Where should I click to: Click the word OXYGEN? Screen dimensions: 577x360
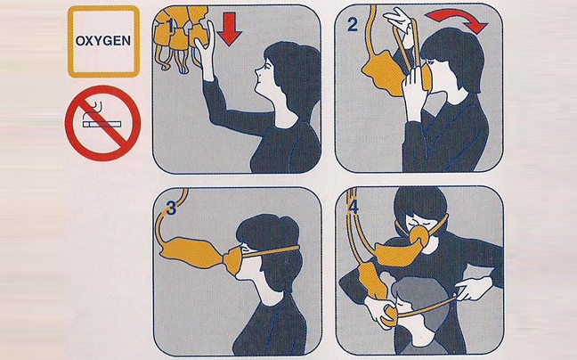click(x=103, y=40)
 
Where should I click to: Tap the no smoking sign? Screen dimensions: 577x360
click(x=102, y=123)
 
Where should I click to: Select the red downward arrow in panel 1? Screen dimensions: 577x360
click(x=229, y=29)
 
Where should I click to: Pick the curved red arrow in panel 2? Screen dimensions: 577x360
click(x=456, y=19)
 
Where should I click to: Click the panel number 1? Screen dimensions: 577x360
click(x=170, y=26)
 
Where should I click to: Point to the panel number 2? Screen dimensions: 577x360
click(x=352, y=25)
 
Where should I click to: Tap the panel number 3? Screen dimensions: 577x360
click(x=172, y=209)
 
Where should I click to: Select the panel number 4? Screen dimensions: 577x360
click(x=354, y=208)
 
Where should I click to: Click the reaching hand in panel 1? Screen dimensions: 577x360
click(x=205, y=48)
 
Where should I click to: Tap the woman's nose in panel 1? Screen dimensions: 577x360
click(x=256, y=70)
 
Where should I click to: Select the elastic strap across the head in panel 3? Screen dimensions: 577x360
click(x=272, y=251)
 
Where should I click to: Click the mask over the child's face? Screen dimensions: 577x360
click(x=391, y=314)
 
